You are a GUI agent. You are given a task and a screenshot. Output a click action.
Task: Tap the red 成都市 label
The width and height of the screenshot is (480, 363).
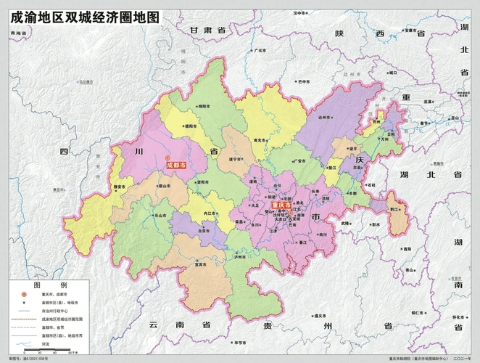click(176, 166)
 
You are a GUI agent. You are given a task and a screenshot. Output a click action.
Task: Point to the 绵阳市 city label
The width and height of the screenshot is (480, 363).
click(204, 106)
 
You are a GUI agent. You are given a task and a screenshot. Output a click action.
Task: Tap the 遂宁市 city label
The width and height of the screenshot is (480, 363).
click(236, 159)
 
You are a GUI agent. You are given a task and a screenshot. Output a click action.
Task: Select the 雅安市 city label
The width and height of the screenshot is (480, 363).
click(120, 187)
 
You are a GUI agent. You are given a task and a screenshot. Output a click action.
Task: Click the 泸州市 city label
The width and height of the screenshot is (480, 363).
click(240, 256)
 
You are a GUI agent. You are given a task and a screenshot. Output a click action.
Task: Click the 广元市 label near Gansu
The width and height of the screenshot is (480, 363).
click(261, 51)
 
